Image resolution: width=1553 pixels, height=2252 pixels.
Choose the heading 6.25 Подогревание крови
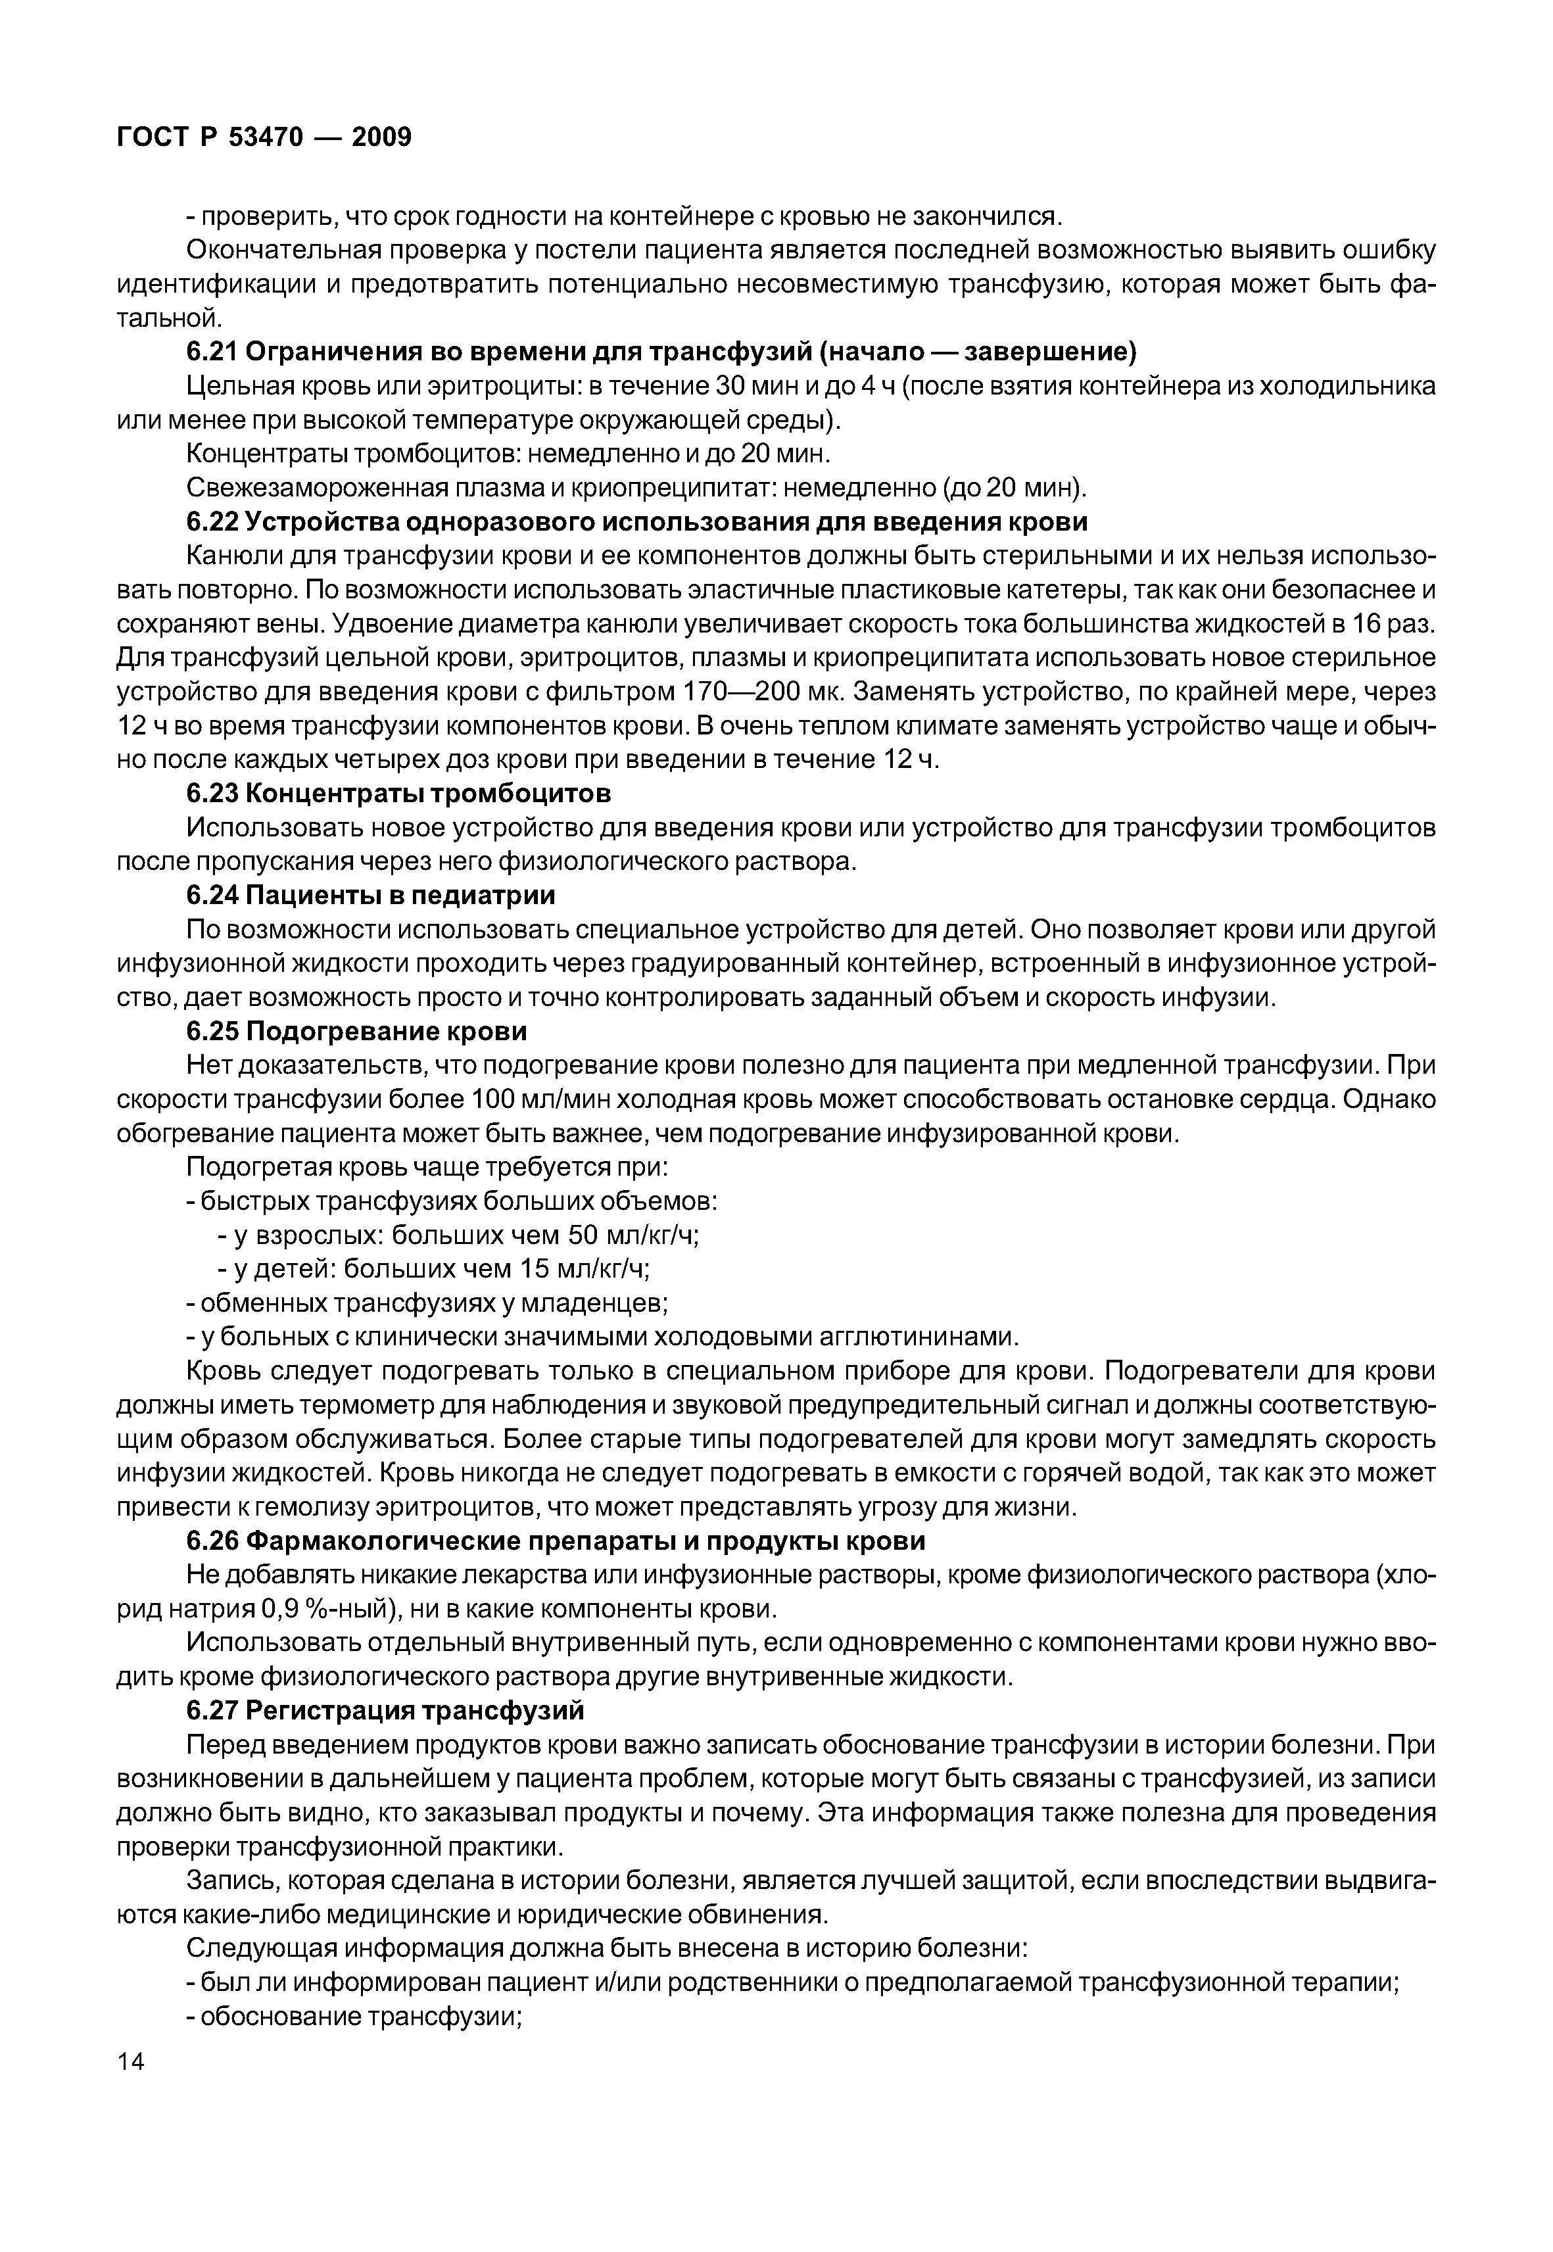point(356,1030)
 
